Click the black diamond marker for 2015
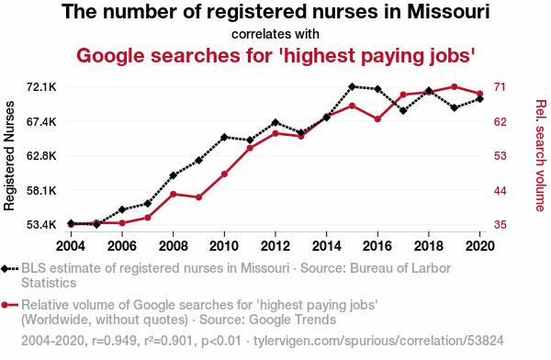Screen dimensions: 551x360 pyautogui.click(x=352, y=86)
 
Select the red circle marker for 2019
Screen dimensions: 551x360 pyautogui.click(x=454, y=86)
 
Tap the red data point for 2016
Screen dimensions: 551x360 pyautogui.click(x=377, y=119)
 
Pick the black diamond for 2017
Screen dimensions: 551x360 pyautogui.click(x=403, y=111)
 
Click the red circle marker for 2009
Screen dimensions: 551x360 pyautogui.click(x=199, y=197)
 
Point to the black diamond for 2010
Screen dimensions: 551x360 pyautogui.click(x=224, y=137)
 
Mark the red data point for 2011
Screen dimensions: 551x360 pyautogui.click(x=250, y=148)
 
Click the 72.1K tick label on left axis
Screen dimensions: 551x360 pyautogui.click(x=41, y=87)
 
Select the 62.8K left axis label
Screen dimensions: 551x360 pyautogui.click(x=41, y=156)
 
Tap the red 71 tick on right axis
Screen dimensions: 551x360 pyautogui.click(x=500, y=87)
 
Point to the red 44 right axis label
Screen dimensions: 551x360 pyautogui.click(x=500, y=191)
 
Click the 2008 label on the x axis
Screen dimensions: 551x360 pyautogui.click(x=173, y=246)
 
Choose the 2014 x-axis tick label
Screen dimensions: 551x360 pyautogui.click(x=326, y=246)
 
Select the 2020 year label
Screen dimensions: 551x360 pyautogui.click(x=480, y=246)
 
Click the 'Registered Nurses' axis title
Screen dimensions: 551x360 pyautogui.click(x=9, y=156)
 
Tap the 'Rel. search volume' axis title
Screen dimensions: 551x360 pyautogui.click(x=541, y=156)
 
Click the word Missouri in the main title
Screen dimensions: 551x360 pyautogui.click(x=448, y=11)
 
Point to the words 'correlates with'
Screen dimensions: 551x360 pyautogui.click(x=275, y=34)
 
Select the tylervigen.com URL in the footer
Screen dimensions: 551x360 pyautogui.click(x=378, y=341)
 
